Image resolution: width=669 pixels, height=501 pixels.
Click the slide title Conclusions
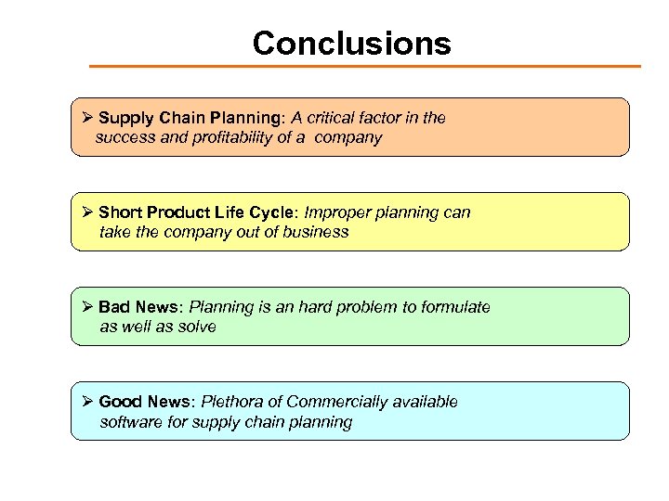351,44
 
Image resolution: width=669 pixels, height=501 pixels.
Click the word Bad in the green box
114,307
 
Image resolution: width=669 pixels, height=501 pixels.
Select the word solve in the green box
196,327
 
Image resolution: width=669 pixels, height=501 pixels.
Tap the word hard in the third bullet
322,307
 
